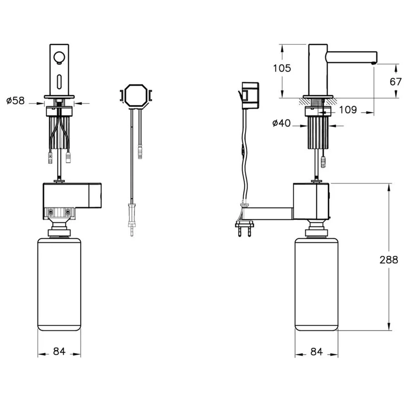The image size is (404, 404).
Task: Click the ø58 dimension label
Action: [x=15, y=101]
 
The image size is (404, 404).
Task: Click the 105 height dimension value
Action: [x=282, y=68]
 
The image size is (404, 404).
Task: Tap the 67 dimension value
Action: [x=396, y=82]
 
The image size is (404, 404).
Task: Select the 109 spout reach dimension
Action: [x=348, y=110]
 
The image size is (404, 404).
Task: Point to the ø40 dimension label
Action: [x=281, y=123]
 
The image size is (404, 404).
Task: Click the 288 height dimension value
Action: [x=389, y=260]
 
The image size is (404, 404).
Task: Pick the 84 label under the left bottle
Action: [x=59, y=351]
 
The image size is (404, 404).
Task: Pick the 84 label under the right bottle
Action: [x=316, y=352]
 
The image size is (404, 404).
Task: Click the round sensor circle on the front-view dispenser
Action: [x=59, y=57]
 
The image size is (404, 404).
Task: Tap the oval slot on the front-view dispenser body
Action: [x=59, y=82]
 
